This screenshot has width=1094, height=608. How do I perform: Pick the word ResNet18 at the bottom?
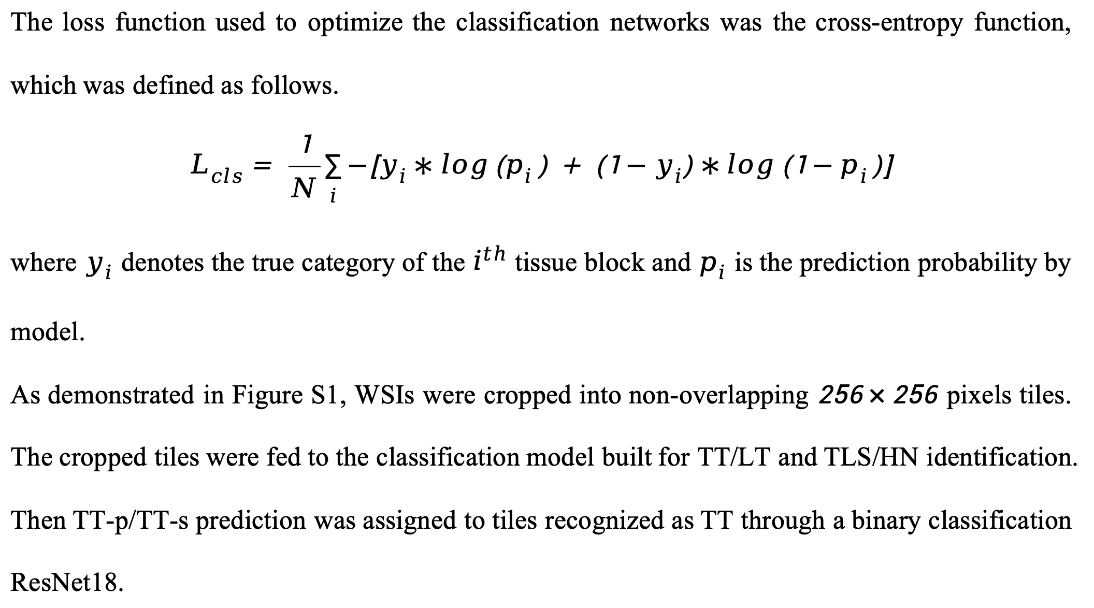(67, 583)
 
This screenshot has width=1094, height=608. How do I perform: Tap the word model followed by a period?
(47, 332)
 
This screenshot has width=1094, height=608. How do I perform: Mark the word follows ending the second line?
(294, 85)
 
